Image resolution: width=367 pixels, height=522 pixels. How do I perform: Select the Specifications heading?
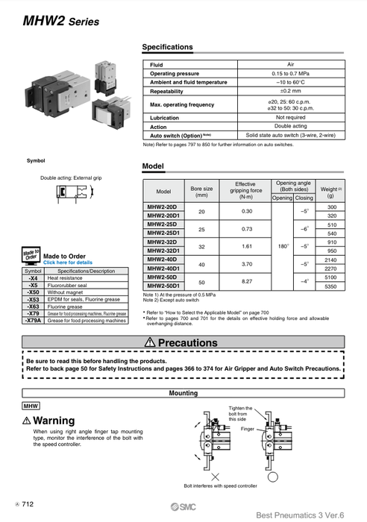pyautogui.click(x=167, y=47)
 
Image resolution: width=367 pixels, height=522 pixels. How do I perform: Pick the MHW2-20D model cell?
pyautogui.click(x=162, y=206)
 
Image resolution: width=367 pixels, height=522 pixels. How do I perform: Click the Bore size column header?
pyautogui.click(x=201, y=192)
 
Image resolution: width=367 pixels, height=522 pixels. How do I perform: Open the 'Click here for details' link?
pyautogui.click(x=68, y=262)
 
